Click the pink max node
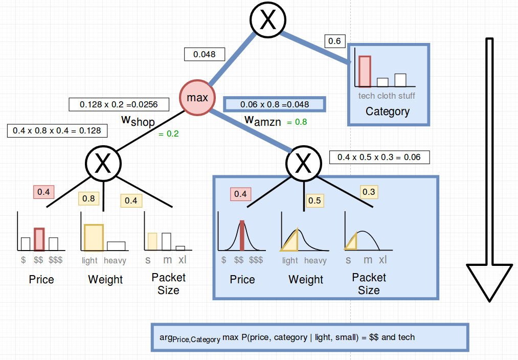(x=197, y=97)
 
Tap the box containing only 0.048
(x=205, y=54)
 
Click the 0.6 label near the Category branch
(x=335, y=41)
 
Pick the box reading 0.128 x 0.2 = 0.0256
(x=119, y=104)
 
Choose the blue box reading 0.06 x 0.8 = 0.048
(x=275, y=104)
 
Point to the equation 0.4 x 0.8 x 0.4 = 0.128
(x=57, y=130)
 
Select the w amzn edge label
(x=263, y=121)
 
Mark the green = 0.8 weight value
(x=297, y=122)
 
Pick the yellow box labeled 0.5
(x=314, y=200)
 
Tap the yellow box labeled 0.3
(x=368, y=192)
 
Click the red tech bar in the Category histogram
(x=364, y=72)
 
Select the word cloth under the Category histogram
(x=387, y=96)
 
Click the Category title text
(x=388, y=111)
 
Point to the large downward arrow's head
(x=489, y=281)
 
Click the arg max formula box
(x=310, y=337)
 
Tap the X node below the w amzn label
(x=303, y=164)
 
